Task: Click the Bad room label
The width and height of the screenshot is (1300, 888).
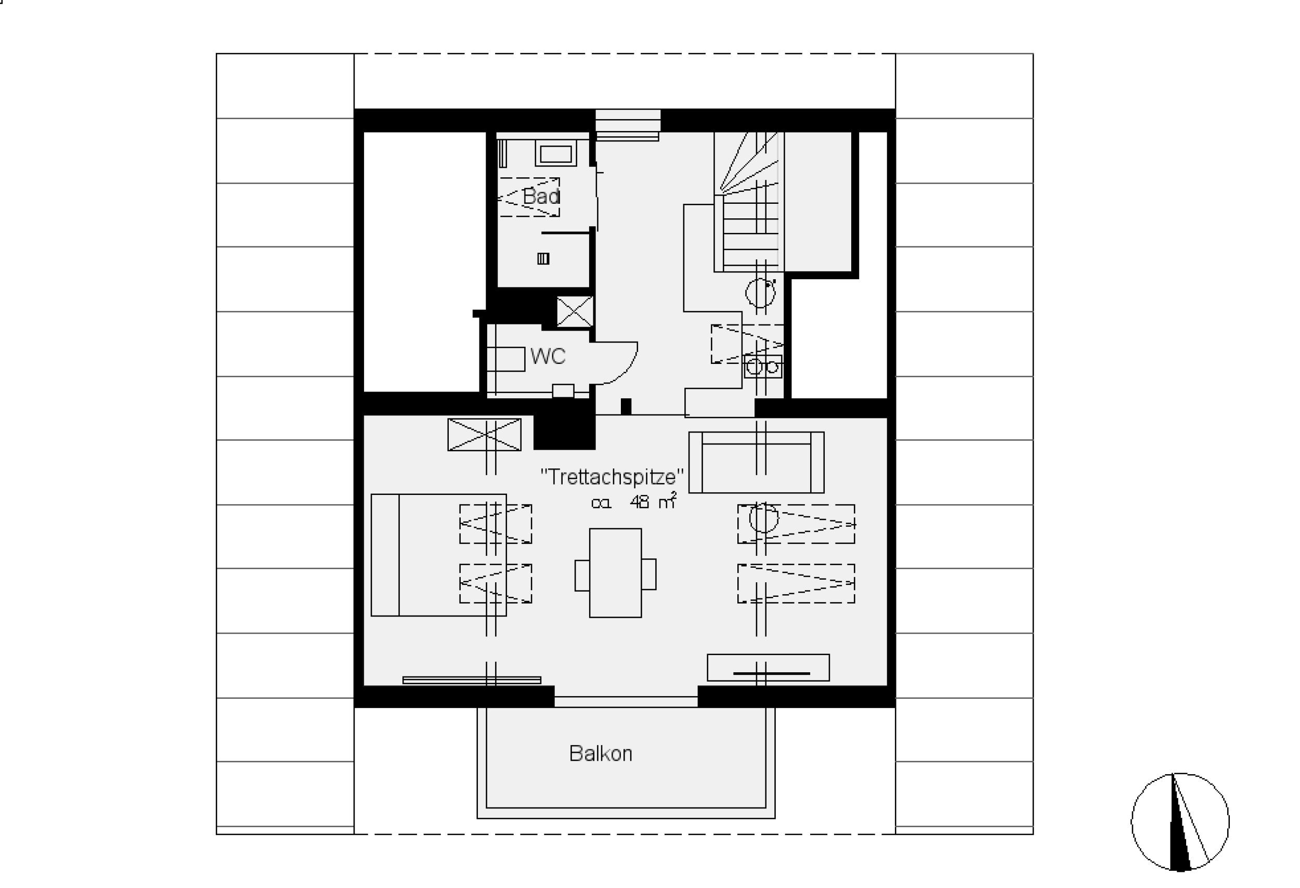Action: [x=541, y=197]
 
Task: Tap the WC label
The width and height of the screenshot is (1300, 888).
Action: [x=548, y=356]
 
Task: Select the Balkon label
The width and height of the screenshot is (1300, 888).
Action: [x=601, y=754]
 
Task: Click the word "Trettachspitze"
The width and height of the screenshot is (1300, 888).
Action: [x=612, y=476]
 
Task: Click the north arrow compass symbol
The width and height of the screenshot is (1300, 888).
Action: [x=1180, y=822]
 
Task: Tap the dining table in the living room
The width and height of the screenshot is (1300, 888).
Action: [x=615, y=572]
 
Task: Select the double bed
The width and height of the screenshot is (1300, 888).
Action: [x=438, y=555]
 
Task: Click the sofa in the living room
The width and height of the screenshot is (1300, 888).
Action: [x=756, y=462]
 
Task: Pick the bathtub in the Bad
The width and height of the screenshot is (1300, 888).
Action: [x=555, y=153]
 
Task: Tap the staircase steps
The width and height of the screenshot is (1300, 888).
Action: [x=749, y=202]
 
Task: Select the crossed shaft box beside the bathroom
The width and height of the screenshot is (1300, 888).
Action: [x=575, y=311]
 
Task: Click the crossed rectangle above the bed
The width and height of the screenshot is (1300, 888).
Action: [x=485, y=435]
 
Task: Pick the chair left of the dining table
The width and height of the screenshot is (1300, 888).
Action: [x=582, y=574]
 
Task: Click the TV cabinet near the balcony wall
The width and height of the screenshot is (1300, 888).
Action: [x=768, y=668]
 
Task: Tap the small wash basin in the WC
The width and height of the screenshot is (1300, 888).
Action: [x=563, y=391]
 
